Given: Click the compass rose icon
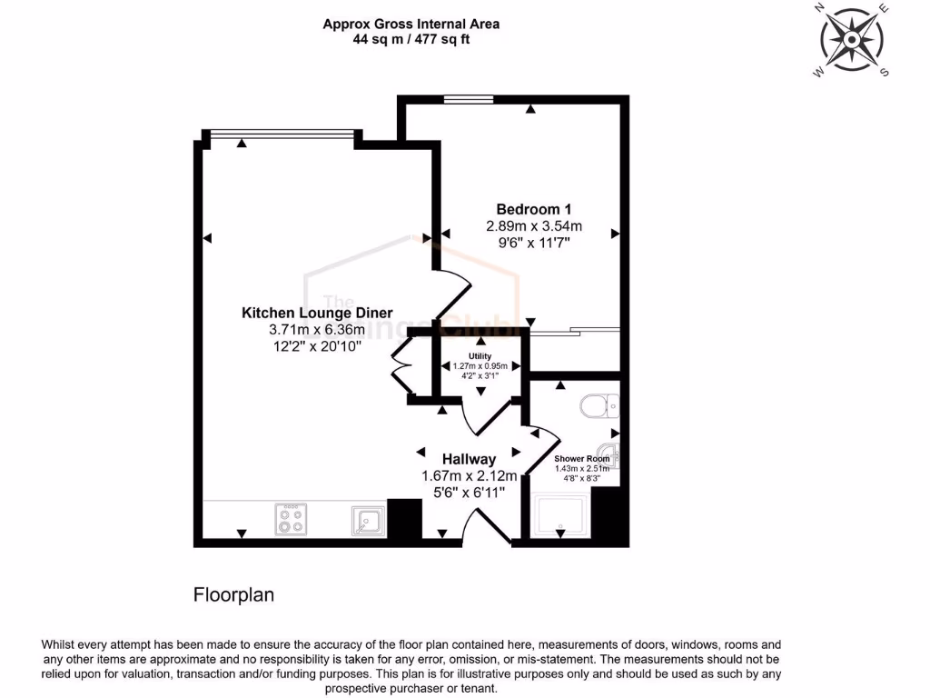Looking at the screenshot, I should click(x=852, y=41).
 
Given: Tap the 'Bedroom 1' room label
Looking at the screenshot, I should click(x=533, y=208).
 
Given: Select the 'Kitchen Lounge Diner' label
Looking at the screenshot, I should click(x=317, y=313).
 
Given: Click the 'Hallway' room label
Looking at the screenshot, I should click(x=469, y=459).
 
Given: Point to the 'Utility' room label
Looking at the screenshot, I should click(x=480, y=355).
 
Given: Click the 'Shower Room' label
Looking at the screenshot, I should click(x=582, y=459).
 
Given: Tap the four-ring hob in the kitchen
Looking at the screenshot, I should click(x=290, y=520).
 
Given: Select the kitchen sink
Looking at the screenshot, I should click(x=367, y=521).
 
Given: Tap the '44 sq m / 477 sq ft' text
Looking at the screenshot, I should click(x=411, y=39).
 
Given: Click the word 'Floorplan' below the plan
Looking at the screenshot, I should click(x=233, y=595).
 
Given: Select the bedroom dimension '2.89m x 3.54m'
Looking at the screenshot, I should click(x=533, y=225).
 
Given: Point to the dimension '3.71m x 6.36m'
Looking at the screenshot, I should click(x=317, y=329).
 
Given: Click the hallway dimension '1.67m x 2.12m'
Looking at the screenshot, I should click(x=469, y=475).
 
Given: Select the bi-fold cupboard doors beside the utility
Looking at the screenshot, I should click(x=400, y=366).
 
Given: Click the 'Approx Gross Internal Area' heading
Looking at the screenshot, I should click(x=411, y=24).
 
